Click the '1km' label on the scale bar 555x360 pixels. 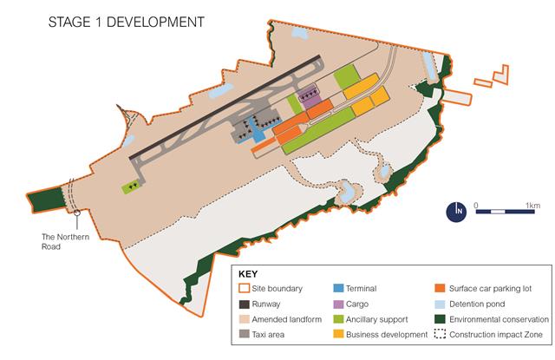pos(532,204)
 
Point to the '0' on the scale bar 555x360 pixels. pos(476,204)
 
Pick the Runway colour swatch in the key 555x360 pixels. pos(245,304)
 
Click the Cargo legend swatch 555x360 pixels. pos(339,304)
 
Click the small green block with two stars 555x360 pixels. pos(132,186)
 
